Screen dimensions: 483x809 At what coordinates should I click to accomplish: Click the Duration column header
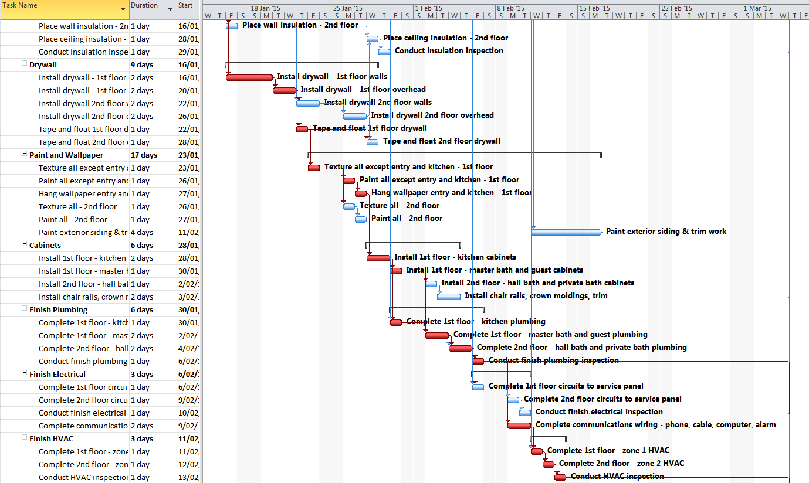coord(144,6)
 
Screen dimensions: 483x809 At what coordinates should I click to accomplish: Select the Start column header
coord(185,6)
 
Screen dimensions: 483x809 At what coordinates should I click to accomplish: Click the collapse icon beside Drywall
coord(24,64)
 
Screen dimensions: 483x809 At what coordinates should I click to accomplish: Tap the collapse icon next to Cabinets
coord(24,245)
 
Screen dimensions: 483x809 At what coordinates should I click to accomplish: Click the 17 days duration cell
coord(144,155)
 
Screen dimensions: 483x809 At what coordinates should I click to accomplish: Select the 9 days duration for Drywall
coord(141,65)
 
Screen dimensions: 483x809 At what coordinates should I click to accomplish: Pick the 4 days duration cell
coord(141,233)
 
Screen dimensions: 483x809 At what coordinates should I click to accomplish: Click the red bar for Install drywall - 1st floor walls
coord(249,77)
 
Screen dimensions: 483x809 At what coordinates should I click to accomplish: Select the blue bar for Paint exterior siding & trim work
coord(566,232)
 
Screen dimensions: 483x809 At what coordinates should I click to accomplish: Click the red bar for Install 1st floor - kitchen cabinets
coord(378,258)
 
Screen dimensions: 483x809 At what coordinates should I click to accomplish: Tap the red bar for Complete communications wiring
coord(519,426)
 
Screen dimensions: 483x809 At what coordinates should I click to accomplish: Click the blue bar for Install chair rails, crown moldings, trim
coord(449,297)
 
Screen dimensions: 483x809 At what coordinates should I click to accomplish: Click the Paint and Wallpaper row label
coord(66,155)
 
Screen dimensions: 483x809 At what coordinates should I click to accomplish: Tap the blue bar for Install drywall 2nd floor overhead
coord(355,116)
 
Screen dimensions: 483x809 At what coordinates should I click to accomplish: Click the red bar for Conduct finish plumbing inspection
coord(478,361)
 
